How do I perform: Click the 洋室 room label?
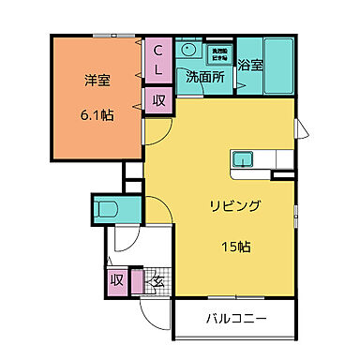[x=97, y=81]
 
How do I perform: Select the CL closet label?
[x=157, y=59]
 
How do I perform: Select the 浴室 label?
[x=249, y=66]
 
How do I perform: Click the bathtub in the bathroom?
[x=278, y=67]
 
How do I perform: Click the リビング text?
[x=233, y=206]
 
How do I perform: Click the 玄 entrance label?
[x=157, y=278]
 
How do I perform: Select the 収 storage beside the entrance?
[x=117, y=278]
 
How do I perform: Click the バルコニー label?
[x=236, y=319]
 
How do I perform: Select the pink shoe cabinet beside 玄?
[x=137, y=279]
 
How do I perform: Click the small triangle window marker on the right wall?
[x=300, y=128]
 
